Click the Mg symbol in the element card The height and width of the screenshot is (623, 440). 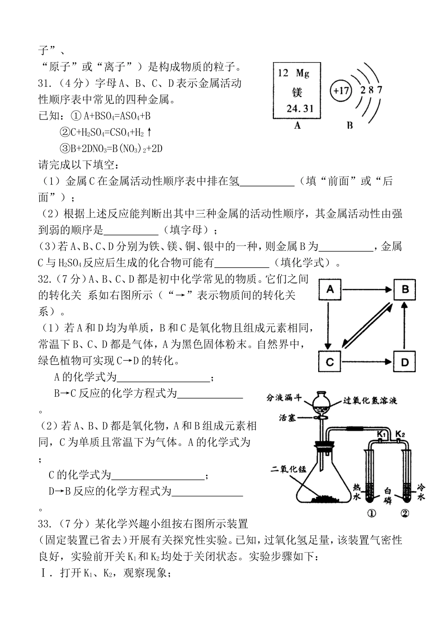[303, 73]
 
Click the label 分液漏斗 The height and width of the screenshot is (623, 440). [284, 398]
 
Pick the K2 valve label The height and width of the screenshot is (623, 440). [401, 434]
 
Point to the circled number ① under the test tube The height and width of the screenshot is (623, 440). [371, 513]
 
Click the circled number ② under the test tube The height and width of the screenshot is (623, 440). [405, 513]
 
